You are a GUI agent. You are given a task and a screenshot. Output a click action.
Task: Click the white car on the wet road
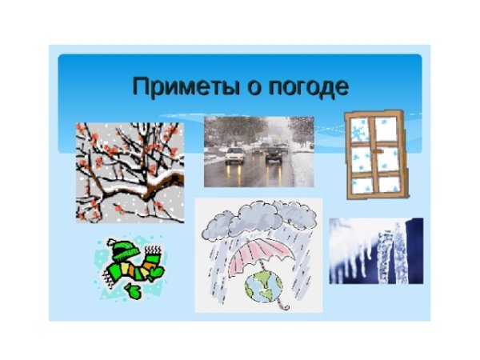pos(234,154)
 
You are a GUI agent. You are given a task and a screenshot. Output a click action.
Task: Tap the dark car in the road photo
pos(274,153)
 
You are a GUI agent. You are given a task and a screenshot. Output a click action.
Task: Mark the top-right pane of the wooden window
pos(387,128)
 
